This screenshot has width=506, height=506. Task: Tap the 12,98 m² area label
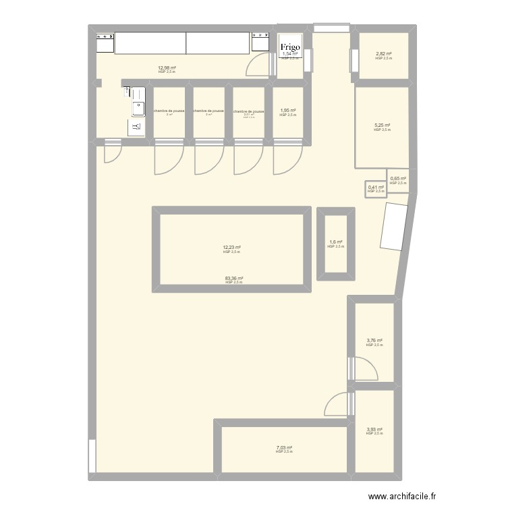point(167,68)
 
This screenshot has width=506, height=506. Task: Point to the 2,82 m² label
point(383,54)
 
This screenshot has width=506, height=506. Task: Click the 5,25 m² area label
point(382,125)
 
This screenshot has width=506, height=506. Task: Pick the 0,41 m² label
point(375,188)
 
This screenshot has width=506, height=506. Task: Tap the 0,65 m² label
point(398,179)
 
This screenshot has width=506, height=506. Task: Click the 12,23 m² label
point(231,248)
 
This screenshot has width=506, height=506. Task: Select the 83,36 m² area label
point(234,278)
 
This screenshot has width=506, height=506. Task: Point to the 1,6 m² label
point(335,242)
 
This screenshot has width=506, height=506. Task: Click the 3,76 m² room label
point(374,341)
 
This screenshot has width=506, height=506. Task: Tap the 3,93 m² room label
point(374,429)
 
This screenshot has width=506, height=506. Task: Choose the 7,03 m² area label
point(284,447)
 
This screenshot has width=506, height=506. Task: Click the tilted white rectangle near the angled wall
point(393,228)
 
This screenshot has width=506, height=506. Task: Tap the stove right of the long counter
point(261,43)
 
